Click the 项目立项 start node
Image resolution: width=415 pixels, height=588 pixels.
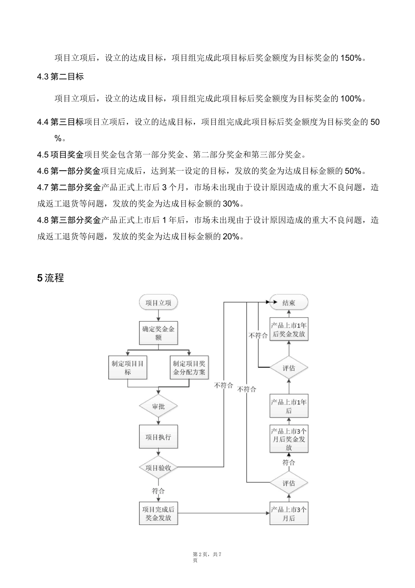click(158, 303)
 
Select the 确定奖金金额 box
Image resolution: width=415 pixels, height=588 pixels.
click(158, 333)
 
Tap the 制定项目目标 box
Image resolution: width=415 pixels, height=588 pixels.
click(128, 367)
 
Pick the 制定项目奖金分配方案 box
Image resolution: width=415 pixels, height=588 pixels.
click(189, 367)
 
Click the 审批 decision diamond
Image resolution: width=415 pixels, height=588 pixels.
click(158, 406)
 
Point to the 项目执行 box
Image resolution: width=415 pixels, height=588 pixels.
click(158, 437)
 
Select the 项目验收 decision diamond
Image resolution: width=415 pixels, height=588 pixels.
click(158, 468)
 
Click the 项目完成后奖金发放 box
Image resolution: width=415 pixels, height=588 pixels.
click(158, 513)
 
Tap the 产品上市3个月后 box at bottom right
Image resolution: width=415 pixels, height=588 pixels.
click(289, 513)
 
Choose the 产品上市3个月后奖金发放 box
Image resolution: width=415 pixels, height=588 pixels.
click(289, 439)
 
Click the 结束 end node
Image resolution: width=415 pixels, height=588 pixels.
click(289, 303)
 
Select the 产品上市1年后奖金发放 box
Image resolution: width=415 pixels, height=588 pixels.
click(289, 330)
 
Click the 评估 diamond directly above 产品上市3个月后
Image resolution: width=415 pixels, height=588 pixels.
click(289, 483)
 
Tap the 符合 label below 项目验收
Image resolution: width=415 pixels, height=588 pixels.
click(158, 491)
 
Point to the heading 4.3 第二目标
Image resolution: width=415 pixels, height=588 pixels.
click(60, 77)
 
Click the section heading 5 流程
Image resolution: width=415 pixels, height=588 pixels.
click(51, 278)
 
